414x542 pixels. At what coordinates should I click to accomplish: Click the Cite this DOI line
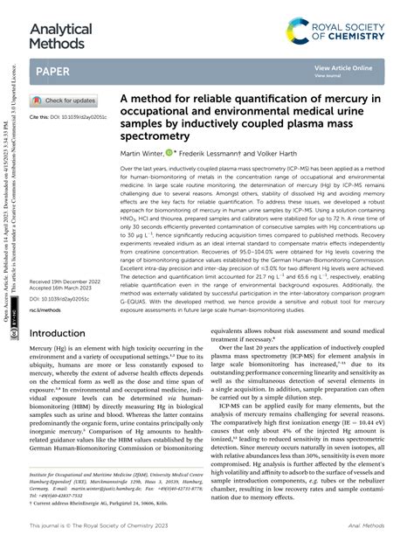click(68, 116)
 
